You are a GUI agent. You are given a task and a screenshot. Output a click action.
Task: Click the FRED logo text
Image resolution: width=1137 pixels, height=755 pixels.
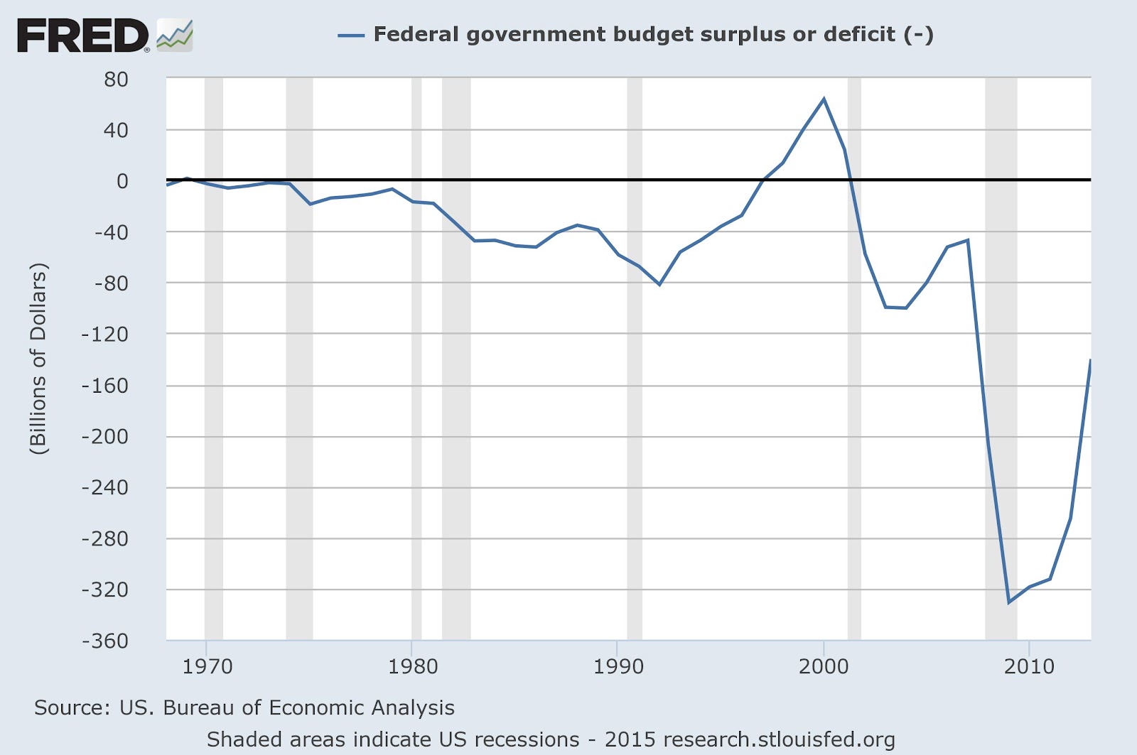click(82, 36)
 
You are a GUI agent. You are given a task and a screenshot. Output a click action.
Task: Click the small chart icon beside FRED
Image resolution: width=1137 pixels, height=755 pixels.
click(175, 36)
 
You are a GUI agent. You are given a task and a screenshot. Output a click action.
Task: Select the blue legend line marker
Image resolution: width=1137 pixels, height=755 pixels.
click(351, 35)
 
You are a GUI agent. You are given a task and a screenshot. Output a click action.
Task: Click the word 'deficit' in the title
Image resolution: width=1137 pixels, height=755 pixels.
click(861, 34)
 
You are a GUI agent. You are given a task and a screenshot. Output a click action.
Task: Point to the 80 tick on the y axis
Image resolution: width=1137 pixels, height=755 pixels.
click(116, 80)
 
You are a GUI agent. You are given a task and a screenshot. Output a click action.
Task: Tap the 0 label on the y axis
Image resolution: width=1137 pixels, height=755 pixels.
click(123, 181)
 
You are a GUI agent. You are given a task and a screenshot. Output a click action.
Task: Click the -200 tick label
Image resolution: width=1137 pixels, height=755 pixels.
click(105, 437)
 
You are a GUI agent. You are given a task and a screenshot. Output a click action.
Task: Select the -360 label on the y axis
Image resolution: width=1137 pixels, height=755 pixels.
click(105, 641)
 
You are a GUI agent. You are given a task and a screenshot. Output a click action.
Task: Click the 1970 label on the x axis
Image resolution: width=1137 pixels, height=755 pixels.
click(208, 666)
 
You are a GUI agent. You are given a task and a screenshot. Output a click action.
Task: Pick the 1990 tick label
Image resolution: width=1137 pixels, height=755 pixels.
click(618, 666)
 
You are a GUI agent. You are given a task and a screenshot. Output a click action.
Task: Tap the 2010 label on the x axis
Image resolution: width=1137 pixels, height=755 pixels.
click(1029, 666)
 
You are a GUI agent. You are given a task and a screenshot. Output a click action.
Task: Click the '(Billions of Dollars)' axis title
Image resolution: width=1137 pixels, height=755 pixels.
click(38, 359)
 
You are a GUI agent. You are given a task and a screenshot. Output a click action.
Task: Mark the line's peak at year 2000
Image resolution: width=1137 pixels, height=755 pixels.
click(824, 99)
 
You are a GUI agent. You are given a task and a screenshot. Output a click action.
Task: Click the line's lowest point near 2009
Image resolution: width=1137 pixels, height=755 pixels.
click(1008, 602)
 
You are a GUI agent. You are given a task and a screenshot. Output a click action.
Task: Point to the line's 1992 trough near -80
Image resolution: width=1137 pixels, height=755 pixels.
click(659, 284)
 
